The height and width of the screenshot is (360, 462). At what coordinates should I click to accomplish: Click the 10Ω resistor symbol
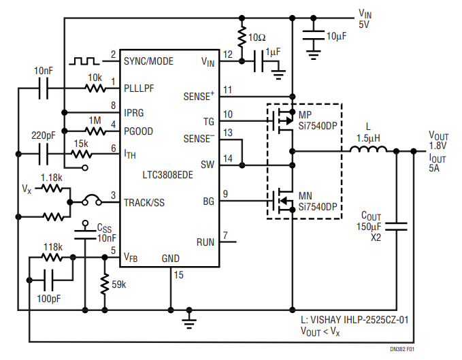click(x=242, y=37)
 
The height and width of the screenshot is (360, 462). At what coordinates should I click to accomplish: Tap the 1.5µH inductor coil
click(x=368, y=149)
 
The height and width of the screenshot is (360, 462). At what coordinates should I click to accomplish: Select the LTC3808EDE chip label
click(x=167, y=175)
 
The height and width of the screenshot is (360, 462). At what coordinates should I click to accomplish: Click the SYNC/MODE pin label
click(x=148, y=61)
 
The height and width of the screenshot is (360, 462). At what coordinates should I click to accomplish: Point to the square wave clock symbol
click(x=84, y=61)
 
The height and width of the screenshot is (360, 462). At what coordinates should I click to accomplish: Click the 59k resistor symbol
click(x=105, y=284)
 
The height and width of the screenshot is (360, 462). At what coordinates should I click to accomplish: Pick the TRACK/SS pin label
click(x=144, y=203)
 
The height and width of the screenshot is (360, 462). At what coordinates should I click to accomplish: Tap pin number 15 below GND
click(x=178, y=275)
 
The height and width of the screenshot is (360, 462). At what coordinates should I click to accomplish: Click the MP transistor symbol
click(x=282, y=121)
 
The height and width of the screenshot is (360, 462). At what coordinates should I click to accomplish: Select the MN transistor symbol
click(x=282, y=201)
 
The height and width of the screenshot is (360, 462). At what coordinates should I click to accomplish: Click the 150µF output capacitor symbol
click(x=396, y=227)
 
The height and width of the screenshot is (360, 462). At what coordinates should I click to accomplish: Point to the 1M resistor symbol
click(x=95, y=131)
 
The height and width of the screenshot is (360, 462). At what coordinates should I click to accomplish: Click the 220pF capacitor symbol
click(x=44, y=154)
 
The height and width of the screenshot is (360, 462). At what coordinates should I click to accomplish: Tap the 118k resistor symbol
click(x=52, y=258)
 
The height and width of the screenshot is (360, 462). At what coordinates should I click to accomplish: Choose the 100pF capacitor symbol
click(x=48, y=280)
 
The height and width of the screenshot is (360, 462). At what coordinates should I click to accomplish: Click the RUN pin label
click(x=205, y=242)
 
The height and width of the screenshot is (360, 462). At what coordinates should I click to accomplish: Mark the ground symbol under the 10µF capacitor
click(x=314, y=55)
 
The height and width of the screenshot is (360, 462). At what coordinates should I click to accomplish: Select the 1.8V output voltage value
click(x=438, y=146)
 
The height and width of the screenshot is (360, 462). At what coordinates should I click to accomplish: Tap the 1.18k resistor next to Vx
click(x=52, y=188)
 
